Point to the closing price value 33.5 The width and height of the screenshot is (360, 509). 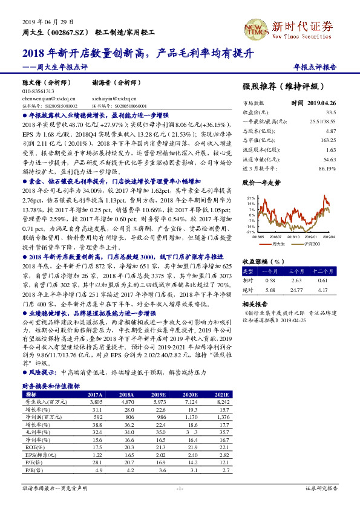(x=330, y=112)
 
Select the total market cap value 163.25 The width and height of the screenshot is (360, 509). (x=327, y=140)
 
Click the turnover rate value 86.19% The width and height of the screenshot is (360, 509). (x=326, y=167)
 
